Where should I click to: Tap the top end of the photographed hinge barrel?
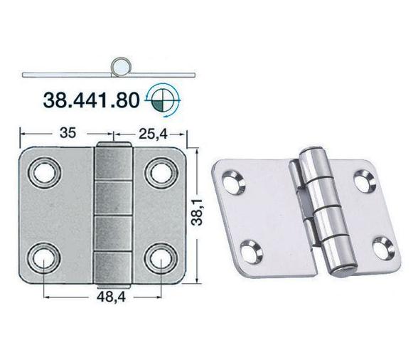pyautogui.click(x=311, y=158)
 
